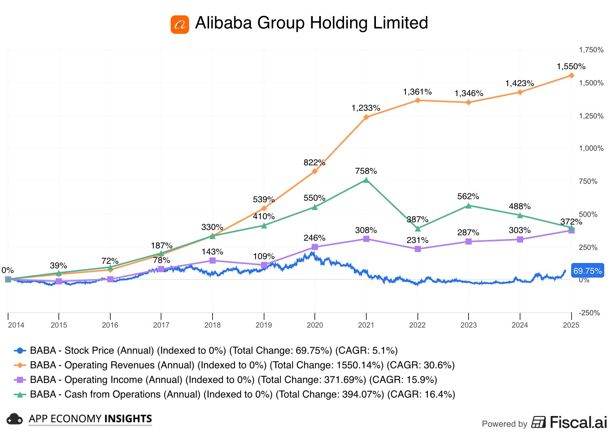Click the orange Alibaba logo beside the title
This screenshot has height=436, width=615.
click(x=180, y=25)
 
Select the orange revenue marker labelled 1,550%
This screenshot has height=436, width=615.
click(x=571, y=75)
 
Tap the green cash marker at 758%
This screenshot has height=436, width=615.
click(x=366, y=180)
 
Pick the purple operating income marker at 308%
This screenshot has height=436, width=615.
click(x=366, y=239)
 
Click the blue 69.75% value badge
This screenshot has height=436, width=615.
click(x=587, y=271)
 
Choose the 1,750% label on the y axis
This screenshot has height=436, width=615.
click(x=591, y=50)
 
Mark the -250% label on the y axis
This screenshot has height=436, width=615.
click(x=590, y=313)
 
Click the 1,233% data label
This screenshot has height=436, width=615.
click(x=366, y=108)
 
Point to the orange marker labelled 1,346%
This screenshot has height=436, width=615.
click(x=469, y=102)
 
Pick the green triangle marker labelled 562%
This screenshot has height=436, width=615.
click(x=469, y=206)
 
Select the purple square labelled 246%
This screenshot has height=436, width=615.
click(x=315, y=247)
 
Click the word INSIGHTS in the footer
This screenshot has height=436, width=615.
click(x=128, y=419)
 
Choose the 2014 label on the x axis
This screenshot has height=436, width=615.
click(x=16, y=325)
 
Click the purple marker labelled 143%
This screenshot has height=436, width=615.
click(x=213, y=261)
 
